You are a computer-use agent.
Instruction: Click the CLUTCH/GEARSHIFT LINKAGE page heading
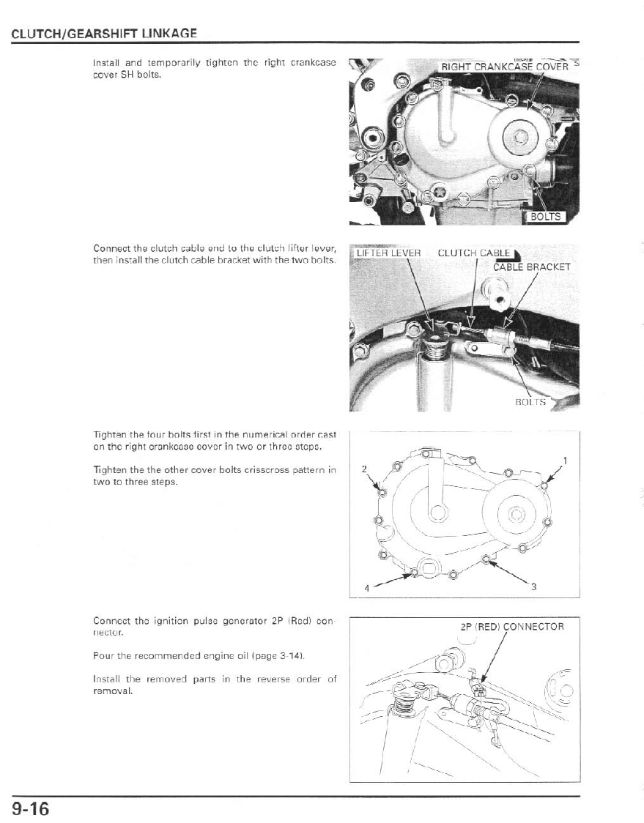pos(104,34)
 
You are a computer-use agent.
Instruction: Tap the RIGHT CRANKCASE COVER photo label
pos(504,67)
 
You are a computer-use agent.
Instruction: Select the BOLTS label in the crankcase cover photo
pos(544,217)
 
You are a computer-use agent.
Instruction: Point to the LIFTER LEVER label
pos(388,253)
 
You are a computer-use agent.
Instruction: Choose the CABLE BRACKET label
pos(531,267)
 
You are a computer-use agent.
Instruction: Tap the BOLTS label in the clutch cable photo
pos(531,402)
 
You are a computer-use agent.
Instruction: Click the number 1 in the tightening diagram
pos(564,461)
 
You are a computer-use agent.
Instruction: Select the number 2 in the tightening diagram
pos(364,469)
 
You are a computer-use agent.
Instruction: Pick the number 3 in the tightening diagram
pos(533,586)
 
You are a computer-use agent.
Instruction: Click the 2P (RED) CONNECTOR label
pos(512,627)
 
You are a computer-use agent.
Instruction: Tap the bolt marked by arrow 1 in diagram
pos(544,484)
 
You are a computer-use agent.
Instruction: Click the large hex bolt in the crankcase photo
pos(521,136)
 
